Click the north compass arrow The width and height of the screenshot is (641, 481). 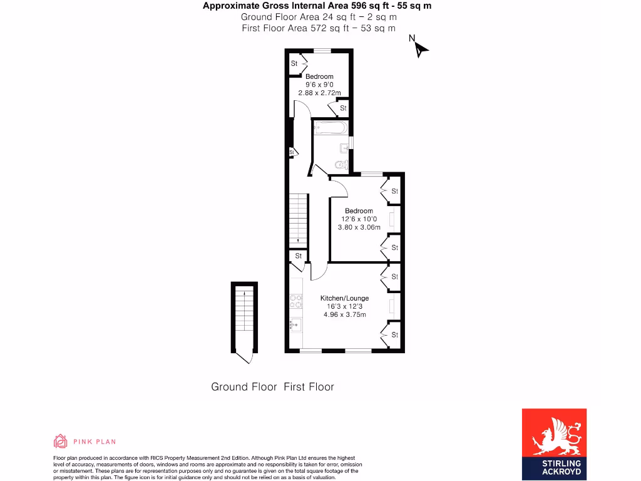419,48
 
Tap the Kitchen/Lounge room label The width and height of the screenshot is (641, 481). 344,298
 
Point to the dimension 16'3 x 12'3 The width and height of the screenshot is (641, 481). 344,307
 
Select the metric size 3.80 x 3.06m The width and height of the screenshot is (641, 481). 359,227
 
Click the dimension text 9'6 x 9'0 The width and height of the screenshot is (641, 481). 319,85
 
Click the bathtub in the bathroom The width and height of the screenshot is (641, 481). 329,128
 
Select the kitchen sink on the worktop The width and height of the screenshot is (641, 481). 295,324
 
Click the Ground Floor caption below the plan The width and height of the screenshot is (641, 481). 244,387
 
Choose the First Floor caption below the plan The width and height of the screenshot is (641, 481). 309,387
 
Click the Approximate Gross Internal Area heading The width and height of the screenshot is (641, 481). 317,6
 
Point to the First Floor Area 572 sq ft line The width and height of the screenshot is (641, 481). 318,28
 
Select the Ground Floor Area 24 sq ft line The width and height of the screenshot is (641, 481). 318,18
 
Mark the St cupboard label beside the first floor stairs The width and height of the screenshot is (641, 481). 299,256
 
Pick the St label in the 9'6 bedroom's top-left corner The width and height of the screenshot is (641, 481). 294,64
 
